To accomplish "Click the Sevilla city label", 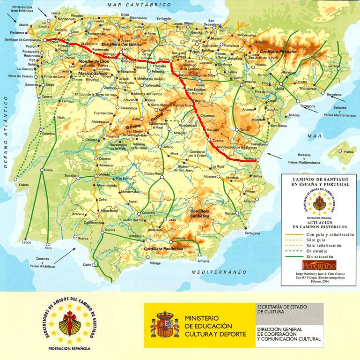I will point(110,231).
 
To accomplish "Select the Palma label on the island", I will point(349,152).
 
